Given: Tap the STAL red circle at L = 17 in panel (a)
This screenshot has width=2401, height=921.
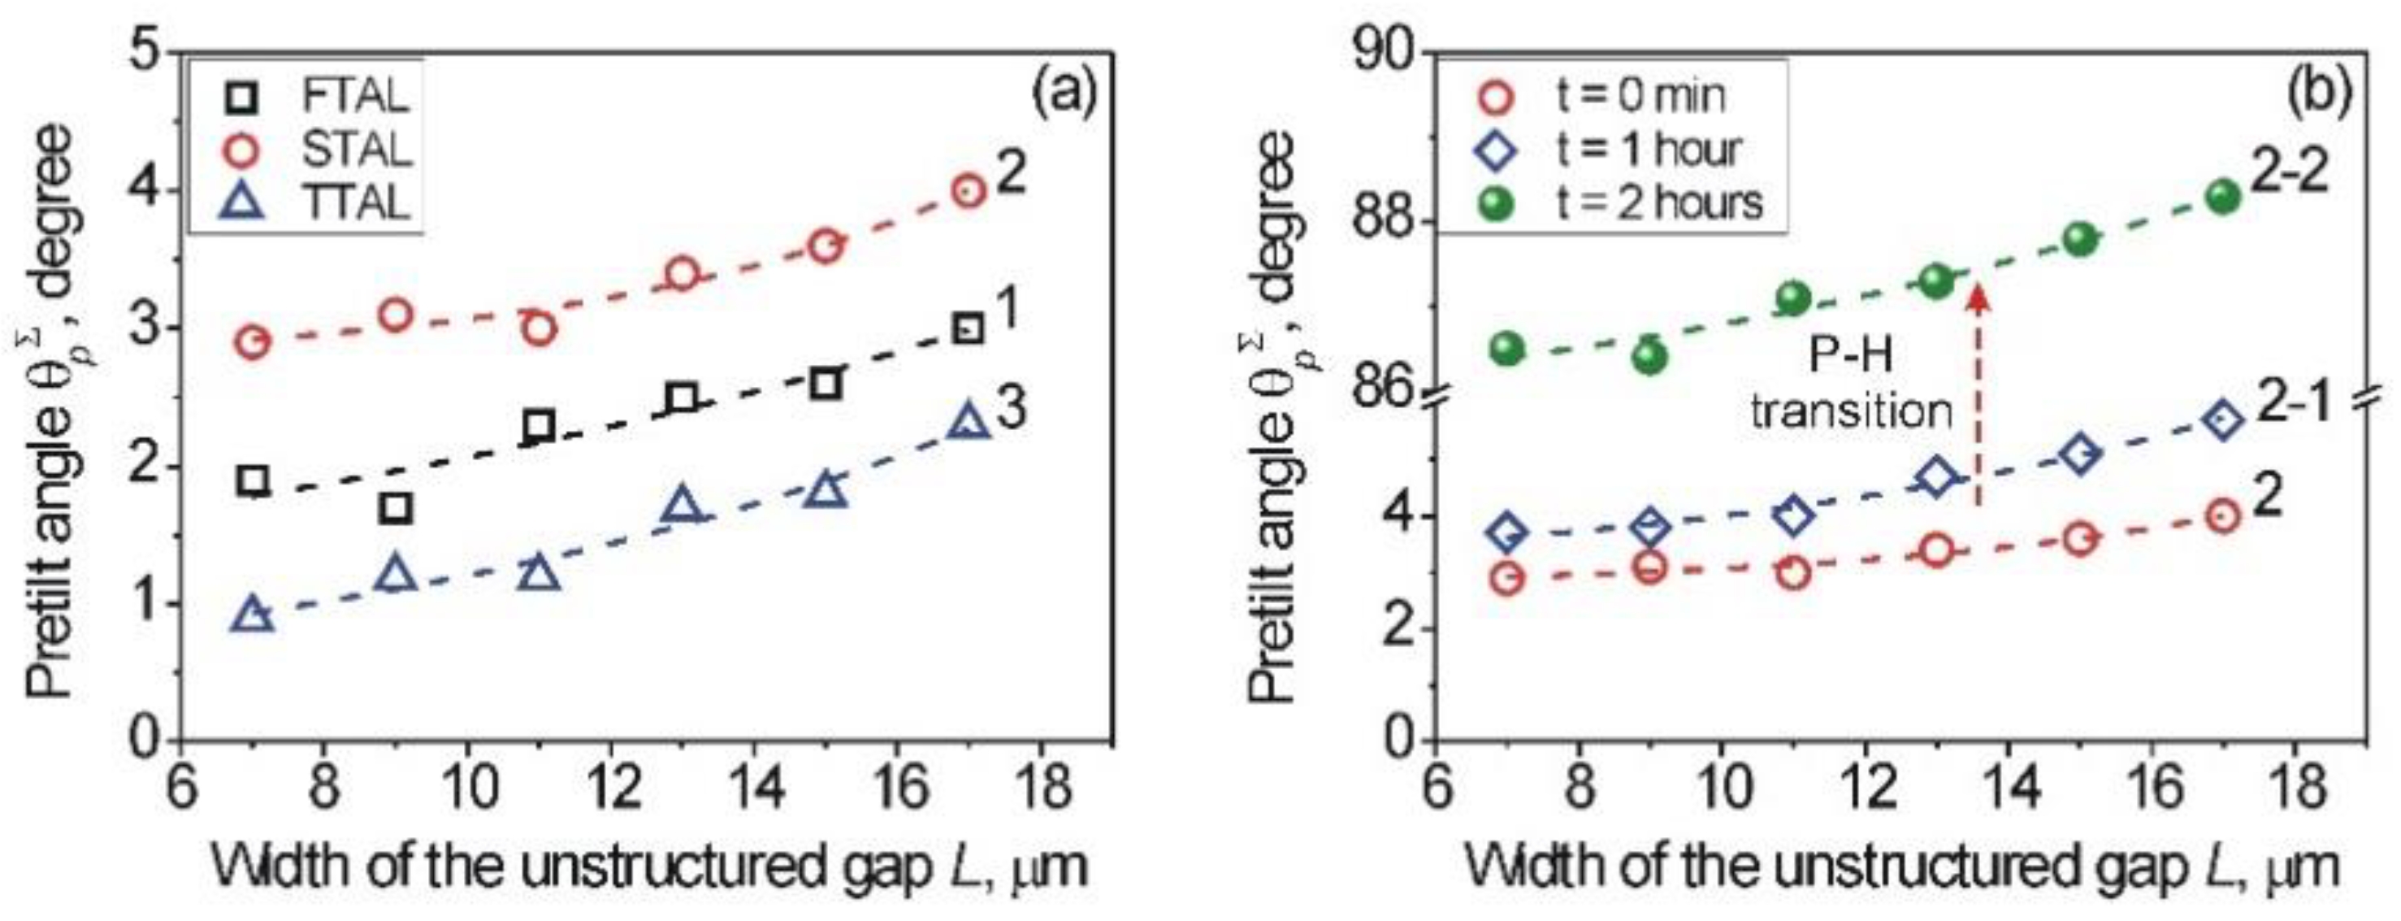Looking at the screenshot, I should (x=969, y=191).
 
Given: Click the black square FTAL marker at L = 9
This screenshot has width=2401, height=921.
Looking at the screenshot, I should (x=397, y=508).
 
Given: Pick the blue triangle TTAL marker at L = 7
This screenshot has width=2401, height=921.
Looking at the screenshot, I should (x=254, y=615).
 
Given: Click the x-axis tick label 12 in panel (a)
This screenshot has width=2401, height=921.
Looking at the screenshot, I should (x=609, y=788).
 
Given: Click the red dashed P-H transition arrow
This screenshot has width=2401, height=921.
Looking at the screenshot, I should (x=1977, y=401).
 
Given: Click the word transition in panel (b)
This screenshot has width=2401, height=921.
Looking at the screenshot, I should (x=1851, y=411).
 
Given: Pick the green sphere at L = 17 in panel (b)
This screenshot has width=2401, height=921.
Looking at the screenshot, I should (x=2223, y=197).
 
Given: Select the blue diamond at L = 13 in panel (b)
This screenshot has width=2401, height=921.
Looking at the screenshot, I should (x=1937, y=478).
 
